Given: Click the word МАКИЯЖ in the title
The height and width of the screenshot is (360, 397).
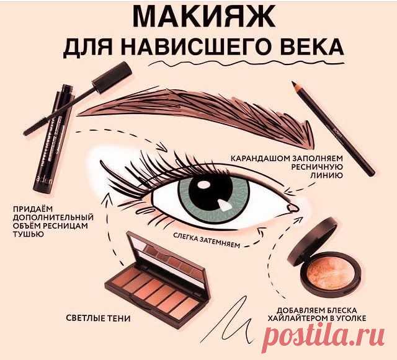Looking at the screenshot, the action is [204, 15].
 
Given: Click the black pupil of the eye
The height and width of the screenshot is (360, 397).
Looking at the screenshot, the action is [213, 195].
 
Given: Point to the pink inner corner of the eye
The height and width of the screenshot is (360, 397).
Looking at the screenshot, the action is [292, 208].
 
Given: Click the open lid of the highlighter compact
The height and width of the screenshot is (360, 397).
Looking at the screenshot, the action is [313, 240].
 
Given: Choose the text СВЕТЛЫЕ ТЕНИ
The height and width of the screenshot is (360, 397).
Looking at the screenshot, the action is [98, 318].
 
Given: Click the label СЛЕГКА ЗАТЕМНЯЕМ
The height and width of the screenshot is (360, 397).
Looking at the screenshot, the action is [207, 240].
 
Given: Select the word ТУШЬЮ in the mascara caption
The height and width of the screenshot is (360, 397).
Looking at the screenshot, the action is [29, 234].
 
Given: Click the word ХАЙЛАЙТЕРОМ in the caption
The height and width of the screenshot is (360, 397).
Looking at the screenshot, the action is [298, 318].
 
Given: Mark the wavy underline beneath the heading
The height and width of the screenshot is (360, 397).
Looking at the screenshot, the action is [246, 63].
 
